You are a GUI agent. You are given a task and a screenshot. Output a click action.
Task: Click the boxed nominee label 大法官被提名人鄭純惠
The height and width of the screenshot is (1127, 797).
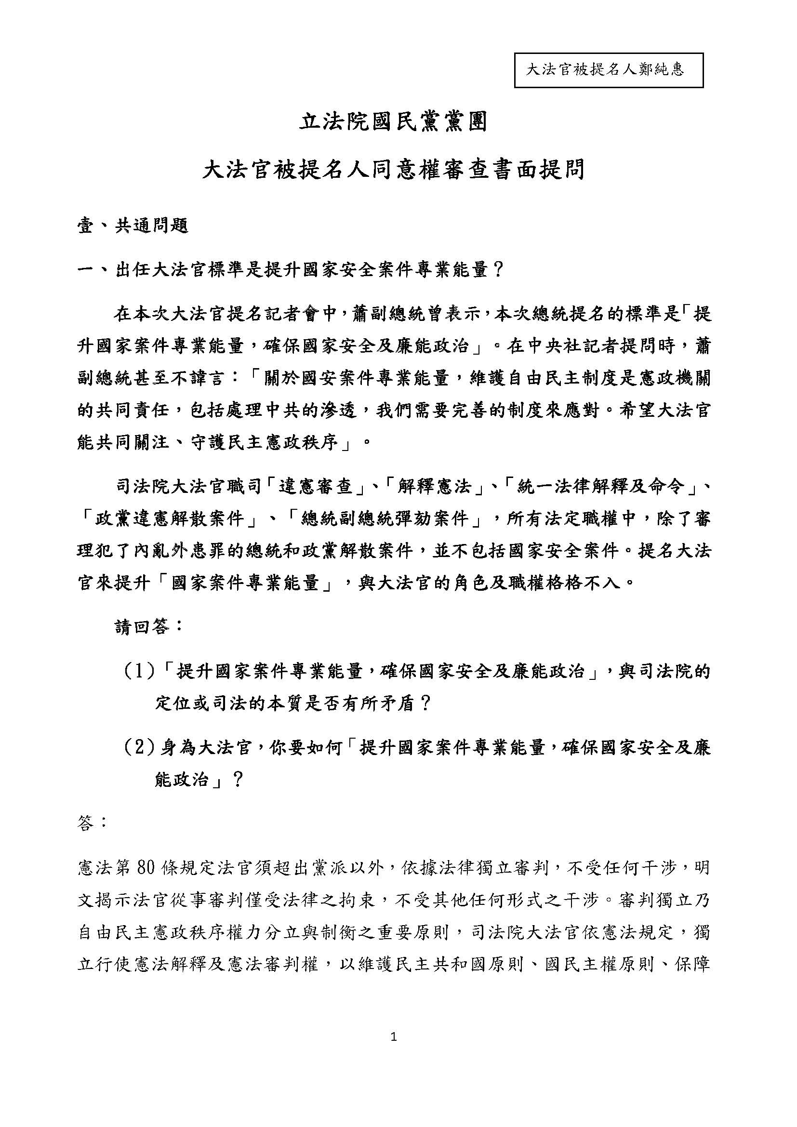(x=608, y=70)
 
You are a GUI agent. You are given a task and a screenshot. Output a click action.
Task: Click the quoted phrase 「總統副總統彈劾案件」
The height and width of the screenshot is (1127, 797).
(x=384, y=519)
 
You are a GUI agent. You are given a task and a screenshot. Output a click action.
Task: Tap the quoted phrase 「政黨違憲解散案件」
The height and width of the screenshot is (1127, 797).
(x=169, y=519)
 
